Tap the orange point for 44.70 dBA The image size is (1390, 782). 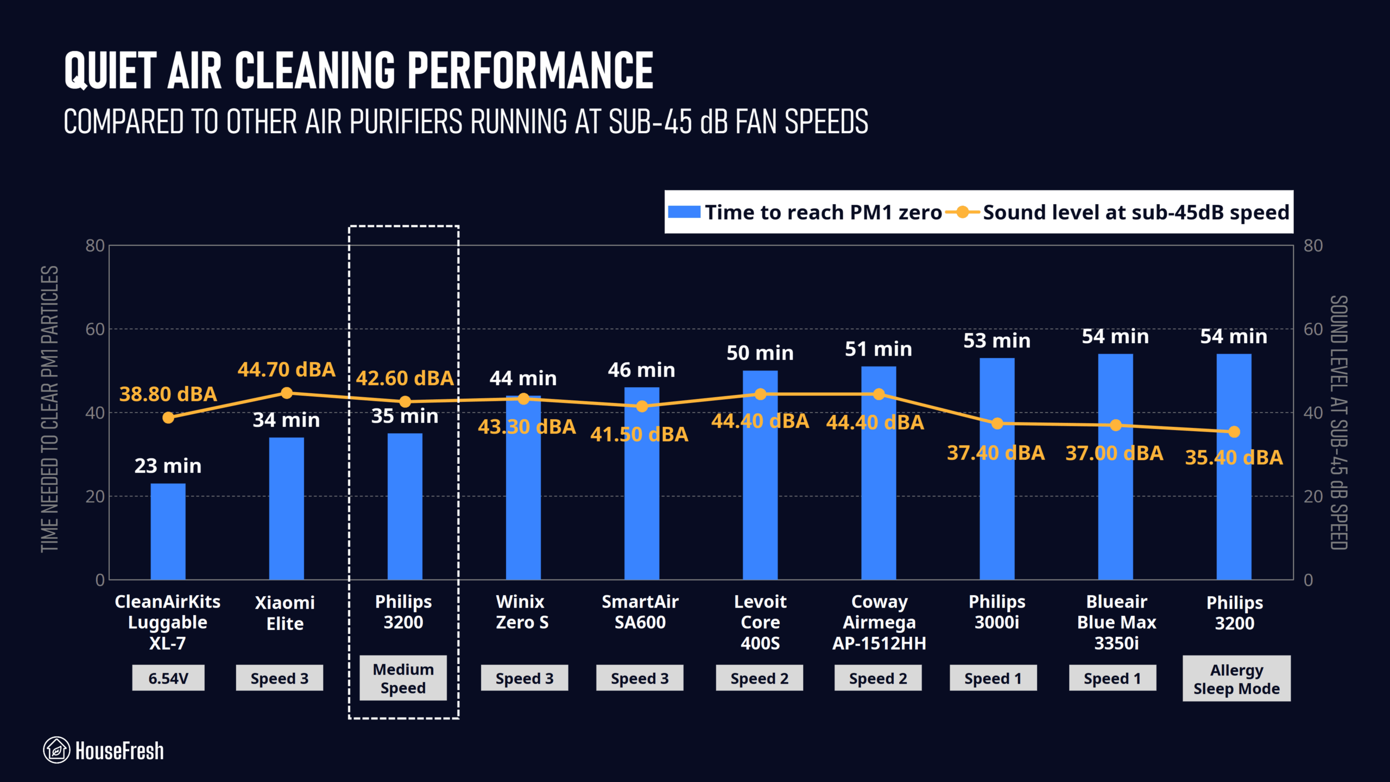(x=287, y=393)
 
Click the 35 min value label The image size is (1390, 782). (x=405, y=417)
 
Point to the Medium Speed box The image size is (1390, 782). (x=403, y=678)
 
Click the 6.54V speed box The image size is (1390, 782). (x=168, y=678)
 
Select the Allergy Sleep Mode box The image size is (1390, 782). (x=1236, y=679)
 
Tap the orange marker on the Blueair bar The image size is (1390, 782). (x=1115, y=425)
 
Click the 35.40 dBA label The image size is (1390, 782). (x=1234, y=457)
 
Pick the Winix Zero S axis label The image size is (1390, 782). (x=522, y=612)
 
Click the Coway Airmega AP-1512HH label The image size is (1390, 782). (x=879, y=622)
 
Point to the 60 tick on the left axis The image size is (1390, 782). (x=94, y=329)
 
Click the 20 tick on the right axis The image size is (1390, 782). (x=1313, y=496)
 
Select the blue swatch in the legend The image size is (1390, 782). (x=684, y=212)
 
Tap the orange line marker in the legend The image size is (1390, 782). (x=962, y=212)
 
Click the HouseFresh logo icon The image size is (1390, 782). (x=56, y=750)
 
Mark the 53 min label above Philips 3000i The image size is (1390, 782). (x=997, y=341)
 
